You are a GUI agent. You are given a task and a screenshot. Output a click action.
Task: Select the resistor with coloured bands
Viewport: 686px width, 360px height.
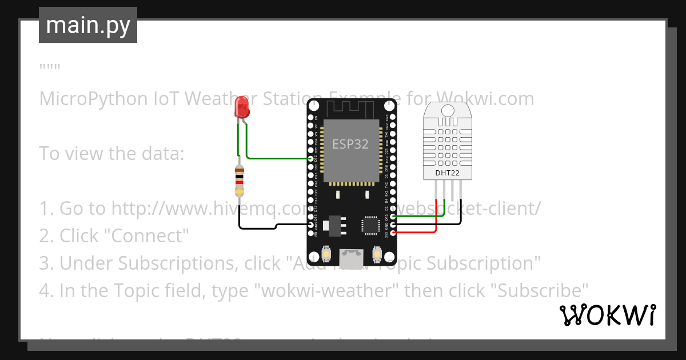click(240, 181)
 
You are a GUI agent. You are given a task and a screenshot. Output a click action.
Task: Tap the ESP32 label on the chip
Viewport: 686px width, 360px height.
click(350, 144)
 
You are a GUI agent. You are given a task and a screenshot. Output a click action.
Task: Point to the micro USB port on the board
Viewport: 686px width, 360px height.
click(351, 257)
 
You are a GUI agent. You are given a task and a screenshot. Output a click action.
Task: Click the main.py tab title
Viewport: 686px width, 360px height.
click(87, 25)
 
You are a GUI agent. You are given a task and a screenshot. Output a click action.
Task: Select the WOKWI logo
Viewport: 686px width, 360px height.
click(607, 315)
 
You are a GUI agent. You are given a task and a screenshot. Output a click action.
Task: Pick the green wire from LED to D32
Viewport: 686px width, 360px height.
click(274, 157)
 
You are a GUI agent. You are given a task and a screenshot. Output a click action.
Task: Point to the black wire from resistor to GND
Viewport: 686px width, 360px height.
click(257, 228)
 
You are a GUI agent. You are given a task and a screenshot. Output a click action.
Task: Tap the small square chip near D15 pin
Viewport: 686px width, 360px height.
click(369, 226)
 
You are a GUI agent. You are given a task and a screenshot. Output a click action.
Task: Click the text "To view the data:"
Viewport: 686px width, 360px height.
click(111, 154)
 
